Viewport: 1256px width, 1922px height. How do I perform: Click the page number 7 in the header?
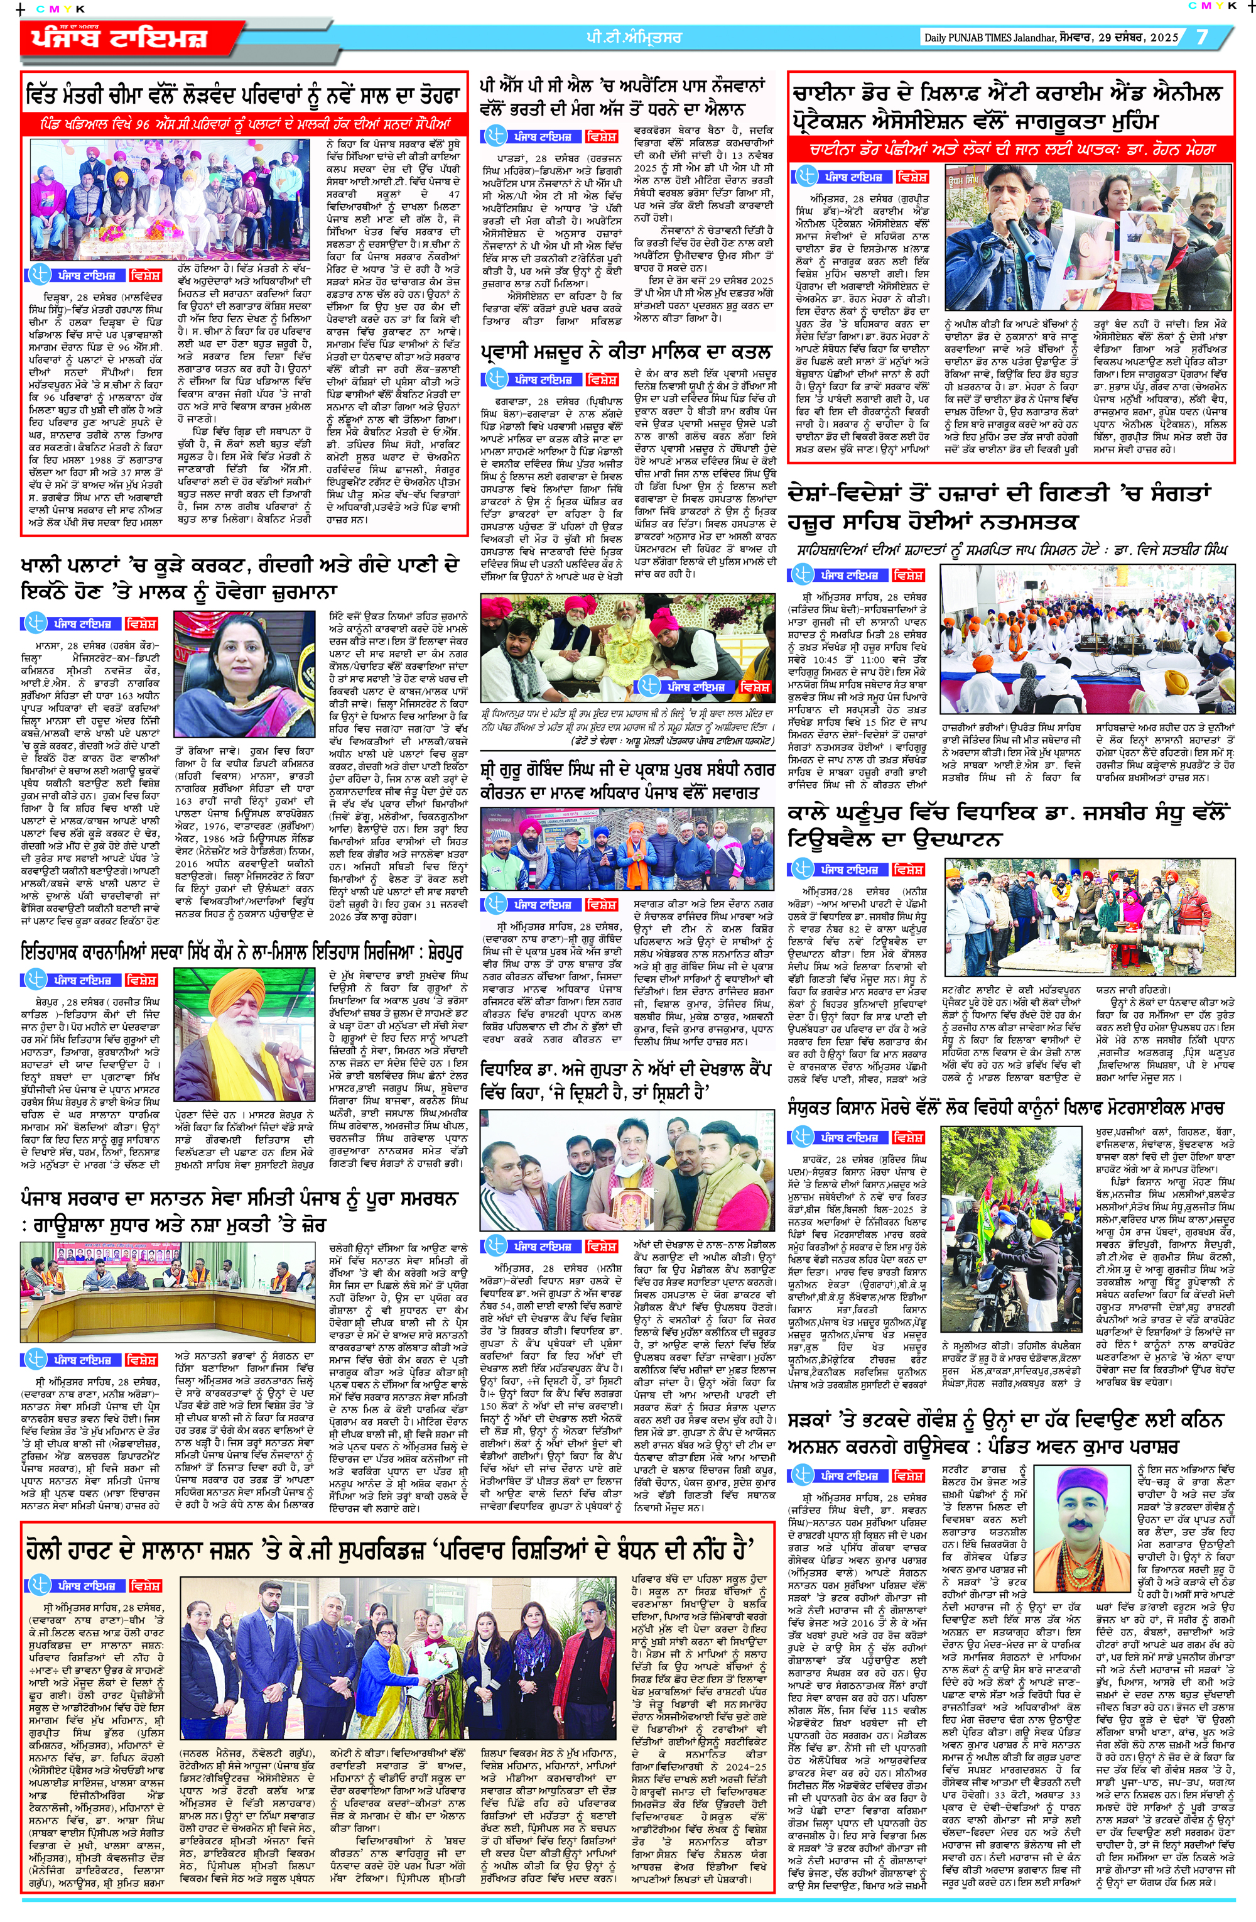1202,38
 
